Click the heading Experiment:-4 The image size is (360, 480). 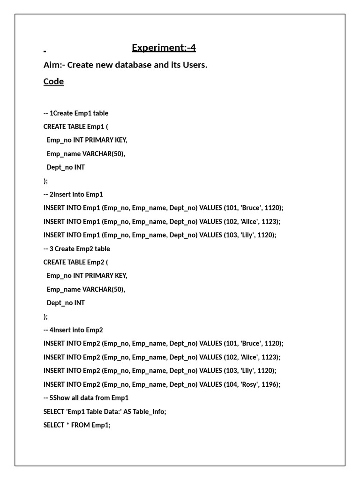tap(164, 48)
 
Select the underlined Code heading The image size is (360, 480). tap(53, 82)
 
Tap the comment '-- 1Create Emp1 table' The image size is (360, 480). tap(75, 113)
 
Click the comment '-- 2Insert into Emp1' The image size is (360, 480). tap(73, 194)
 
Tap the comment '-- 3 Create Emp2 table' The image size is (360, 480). tap(76, 249)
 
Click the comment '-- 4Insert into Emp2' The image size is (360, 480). tap(73, 330)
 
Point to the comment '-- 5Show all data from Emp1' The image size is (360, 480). tap(86, 398)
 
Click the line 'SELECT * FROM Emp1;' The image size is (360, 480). tap(77, 425)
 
